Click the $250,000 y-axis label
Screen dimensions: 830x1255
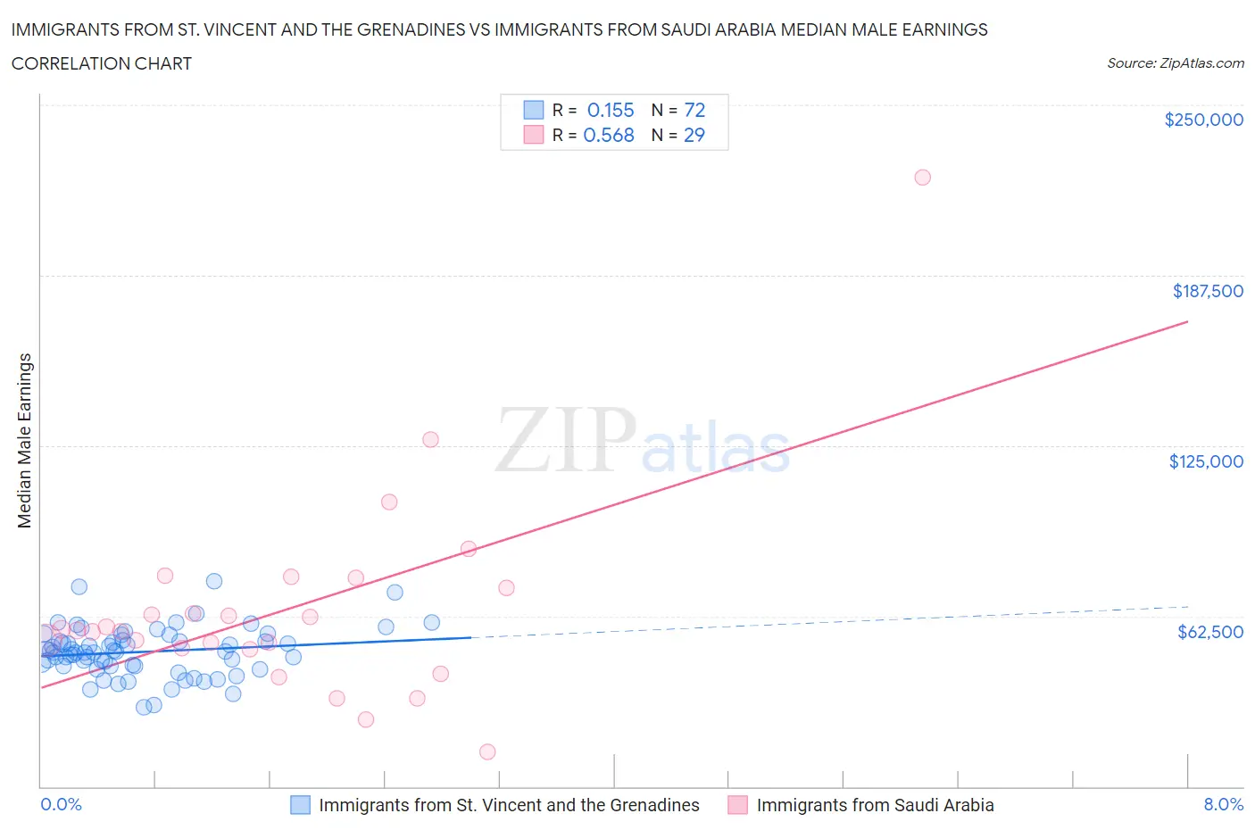[x=1203, y=120]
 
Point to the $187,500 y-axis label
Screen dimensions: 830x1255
[x=1208, y=291]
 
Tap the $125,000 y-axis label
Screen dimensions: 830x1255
[x=1206, y=461]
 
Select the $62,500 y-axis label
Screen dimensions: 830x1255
[x=1210, y=632]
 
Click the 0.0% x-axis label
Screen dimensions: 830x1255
[x=61, y=804]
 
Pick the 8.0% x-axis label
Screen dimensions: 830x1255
[x=1223, y=804]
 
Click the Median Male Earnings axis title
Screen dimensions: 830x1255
[x=25, y=441]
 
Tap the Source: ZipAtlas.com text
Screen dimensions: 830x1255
[x=1175, y=63]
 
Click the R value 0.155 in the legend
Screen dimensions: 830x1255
[x=611, y=111]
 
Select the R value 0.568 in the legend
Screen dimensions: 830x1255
[x=609, y=136]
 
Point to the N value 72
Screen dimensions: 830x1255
[x=694, y=111]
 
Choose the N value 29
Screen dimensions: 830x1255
[x=694, y=136]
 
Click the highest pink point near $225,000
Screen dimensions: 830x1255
[x=922, y=178]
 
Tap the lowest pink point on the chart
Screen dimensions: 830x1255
[x=487, y=751]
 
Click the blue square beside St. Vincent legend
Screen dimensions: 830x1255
[x=301, y=805]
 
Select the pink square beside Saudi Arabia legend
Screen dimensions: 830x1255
[x=737, y=805]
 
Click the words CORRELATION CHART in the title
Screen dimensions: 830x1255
[x=102, y=63]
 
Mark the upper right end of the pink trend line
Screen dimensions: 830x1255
[x=1187, y=320]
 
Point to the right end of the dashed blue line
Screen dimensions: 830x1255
[x=1187, y=606]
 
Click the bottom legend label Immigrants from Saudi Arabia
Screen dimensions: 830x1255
[x=875, y=805]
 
